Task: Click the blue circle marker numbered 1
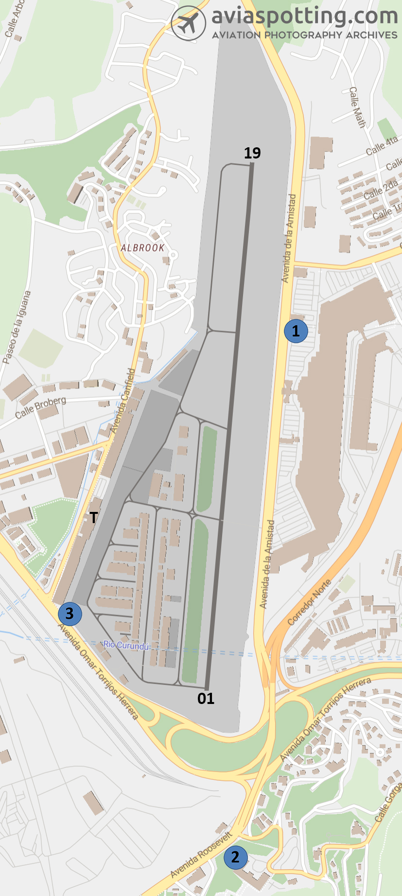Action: click(x=296, y=331)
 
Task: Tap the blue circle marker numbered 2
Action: click(x=235, y=856)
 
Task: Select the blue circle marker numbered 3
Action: click(x=70, y=614)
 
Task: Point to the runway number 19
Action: click(x=252, y=153)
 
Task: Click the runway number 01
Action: click(x=206, y=699)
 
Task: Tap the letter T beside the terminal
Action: click(x=93, y=517)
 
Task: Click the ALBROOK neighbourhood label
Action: click(x=142, y=248)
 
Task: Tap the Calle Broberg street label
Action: click(x=40, y=407)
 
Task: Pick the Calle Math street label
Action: click(x=357, y=107)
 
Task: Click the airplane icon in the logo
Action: click(x=188, y=23)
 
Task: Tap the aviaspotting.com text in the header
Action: click(x=305, y=16)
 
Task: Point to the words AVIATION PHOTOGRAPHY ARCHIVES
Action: click(x=305, y=35)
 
